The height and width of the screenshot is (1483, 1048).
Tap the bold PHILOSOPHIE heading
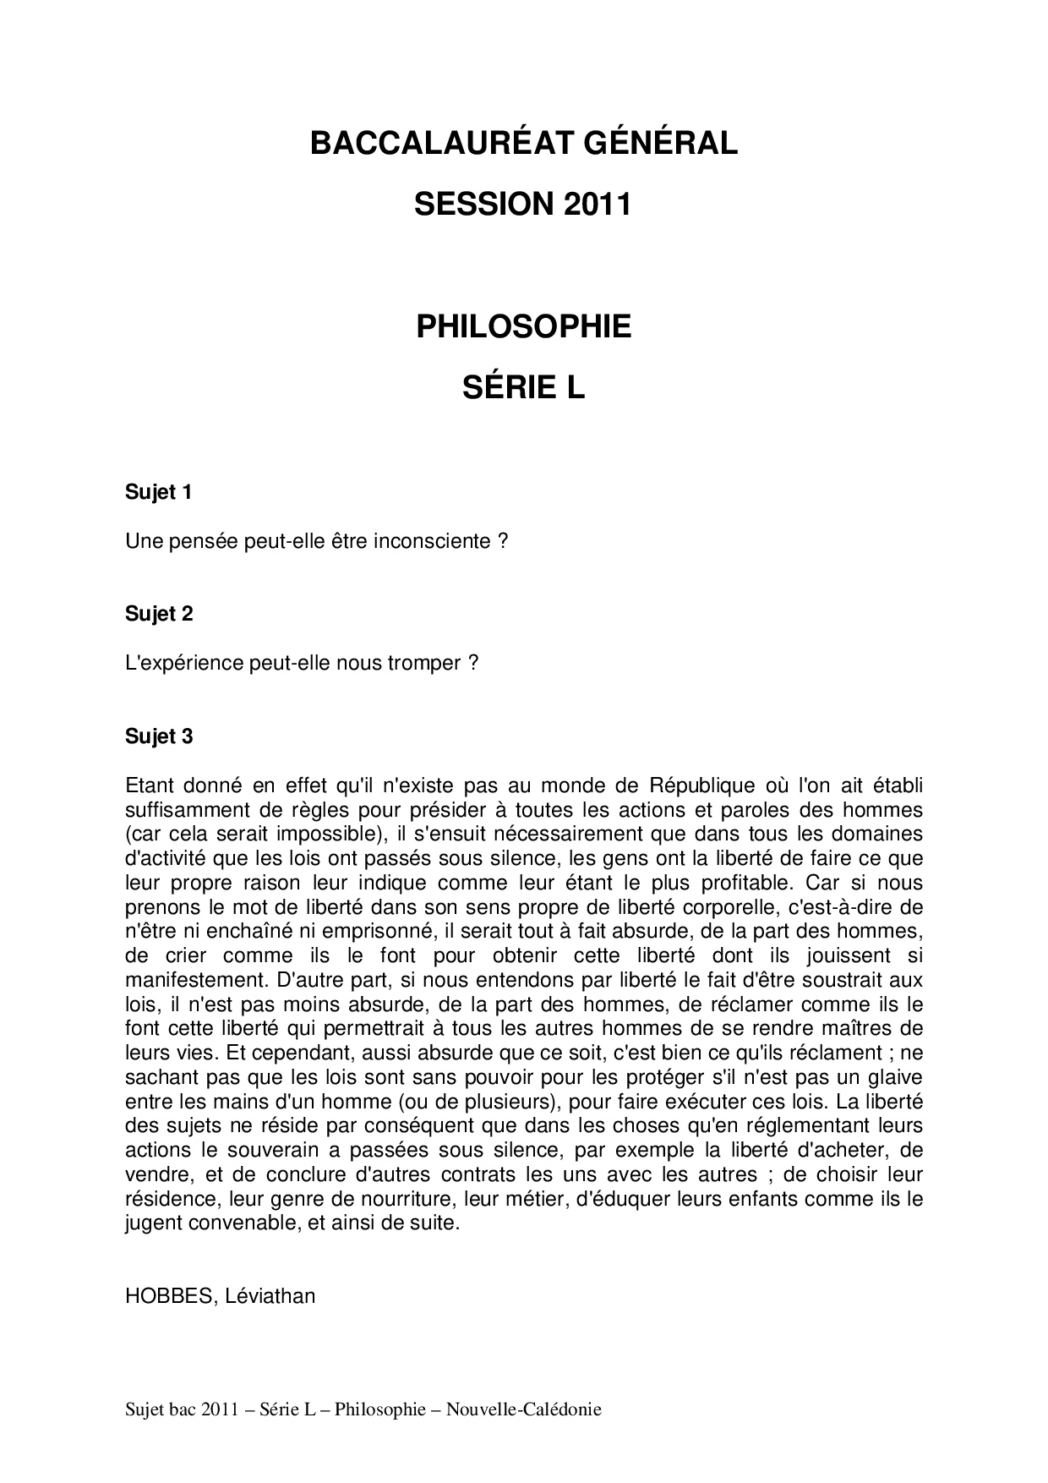pyautogui.click(x=523, y=327)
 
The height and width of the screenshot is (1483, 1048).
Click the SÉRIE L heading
pyautogui.click(x=523, y=388)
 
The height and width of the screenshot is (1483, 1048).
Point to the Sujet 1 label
pyautogui.click(x=159, y=492)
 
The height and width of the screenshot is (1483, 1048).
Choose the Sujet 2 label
pyautogui.click(x=159, y=614)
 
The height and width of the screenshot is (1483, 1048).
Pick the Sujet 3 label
pyautogui.click(x=159, y=736)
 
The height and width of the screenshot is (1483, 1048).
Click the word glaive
pyautogui.click(x=895, y=1078)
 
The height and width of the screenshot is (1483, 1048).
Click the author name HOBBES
pyautogui.click(x=170, y=1296)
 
